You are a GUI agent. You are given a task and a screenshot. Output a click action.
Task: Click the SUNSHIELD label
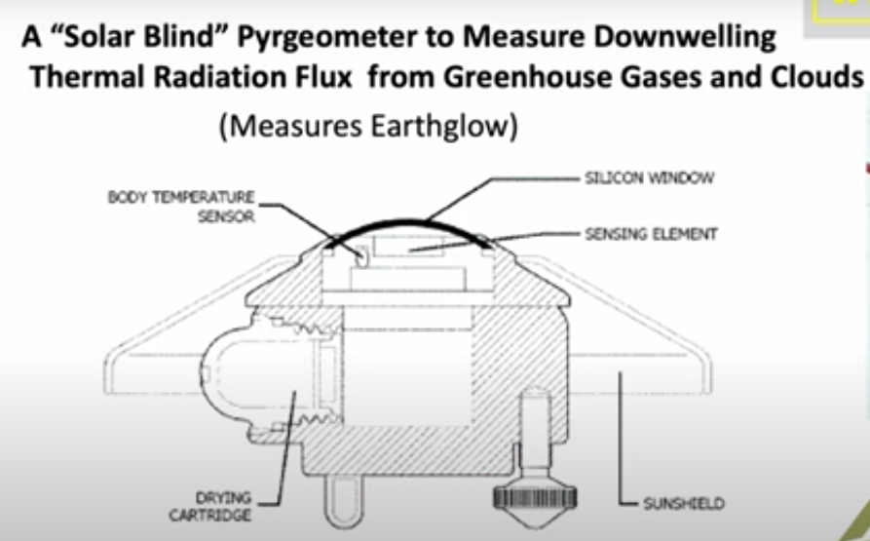pos(684,504)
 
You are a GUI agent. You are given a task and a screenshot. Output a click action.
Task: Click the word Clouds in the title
pos(815,77)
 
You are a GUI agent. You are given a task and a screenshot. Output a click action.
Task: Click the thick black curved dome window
pos(409,226)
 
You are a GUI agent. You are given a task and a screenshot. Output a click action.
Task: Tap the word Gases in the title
pos(673,77)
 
